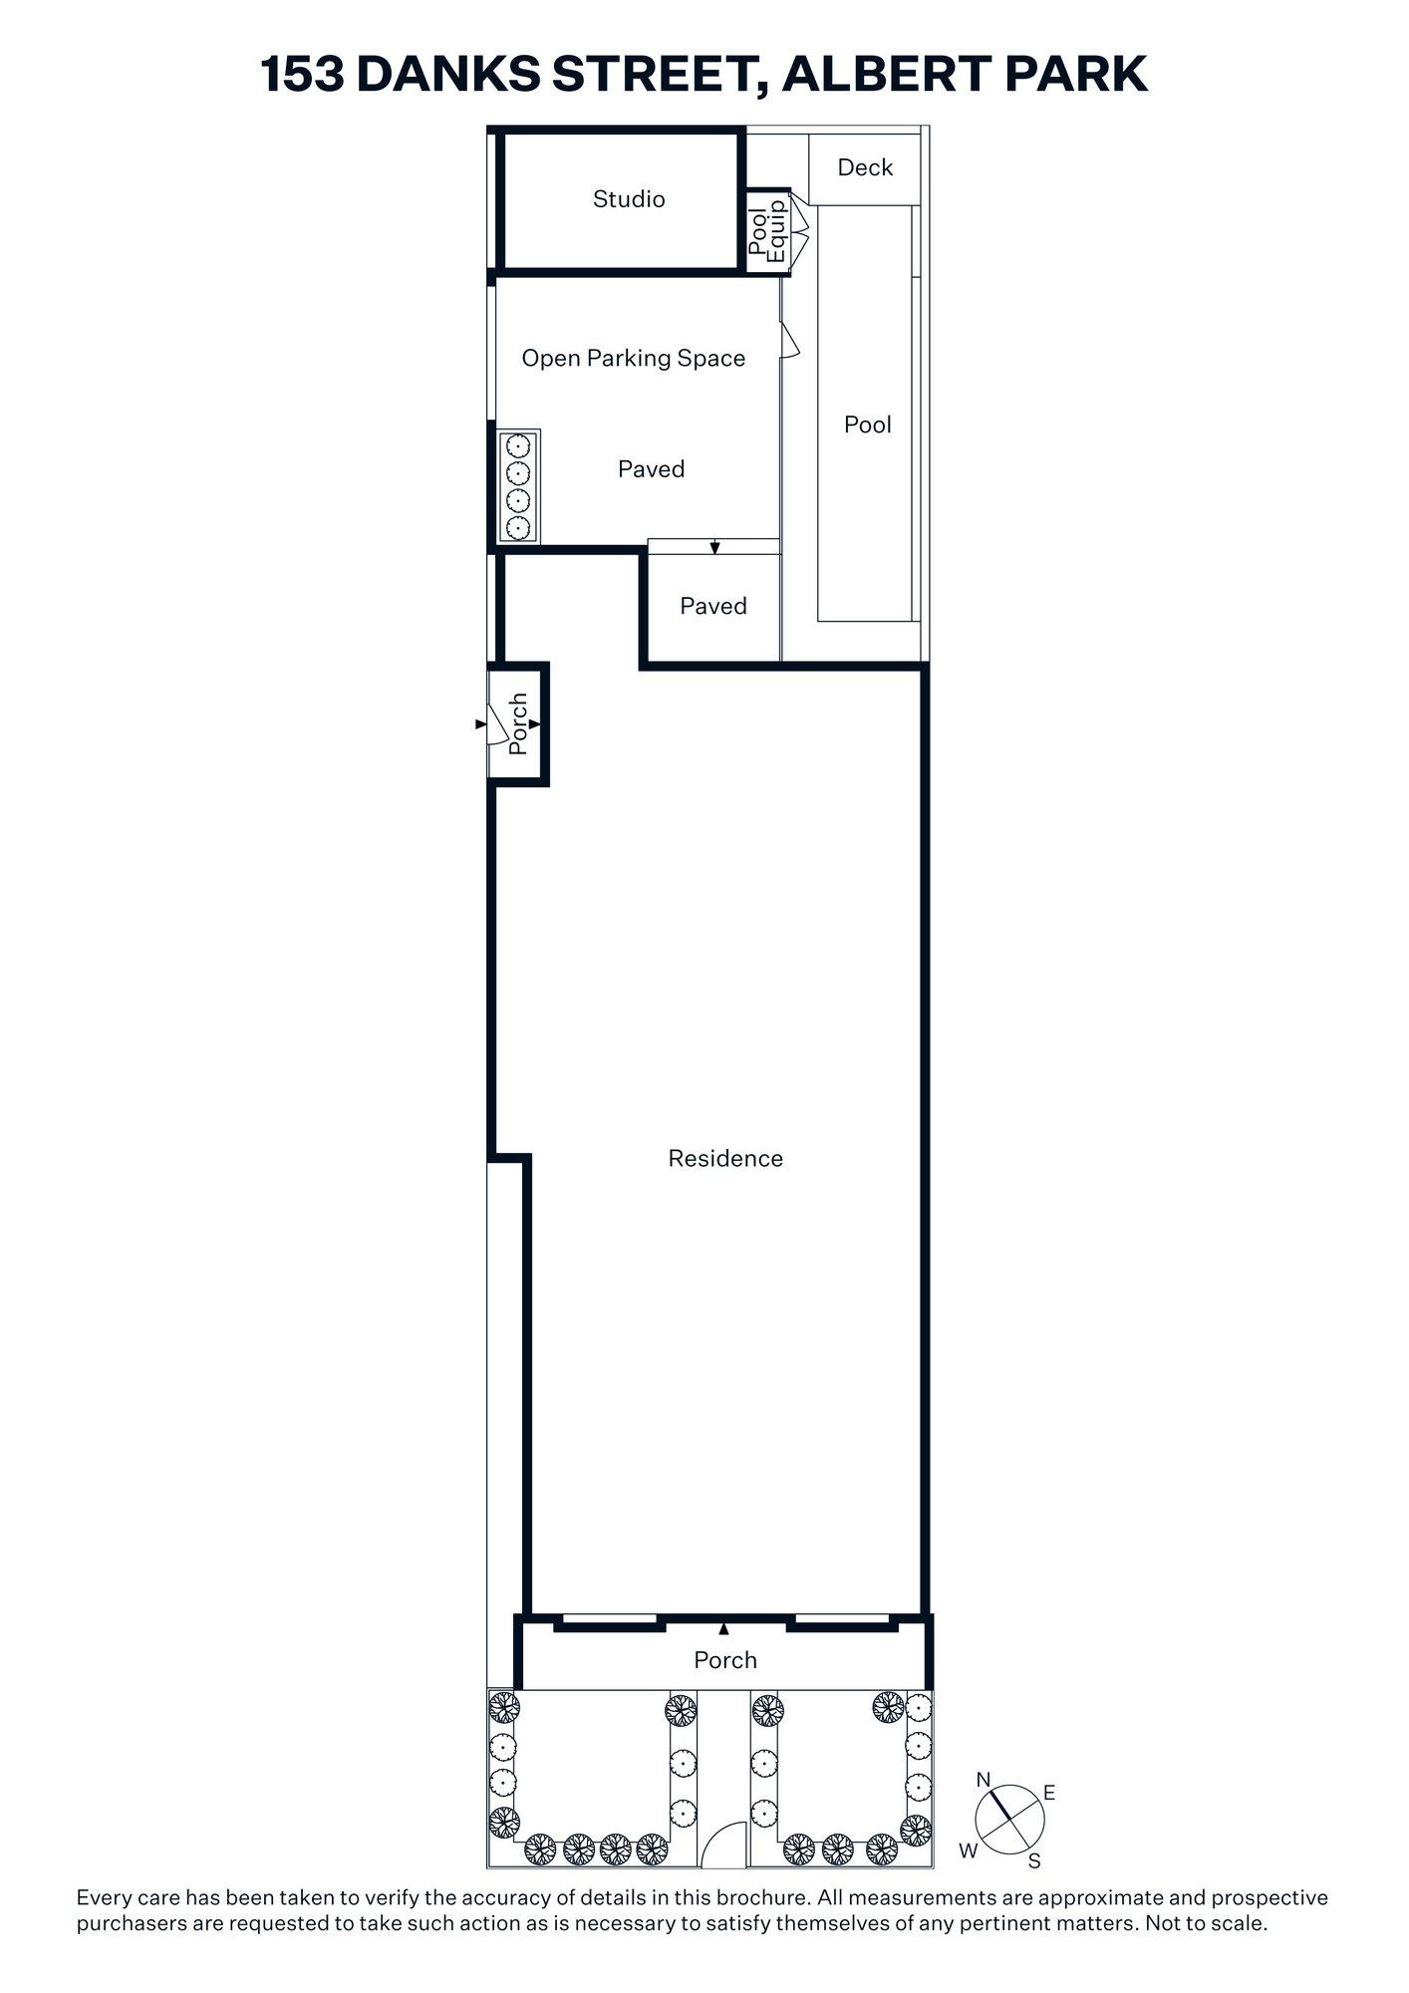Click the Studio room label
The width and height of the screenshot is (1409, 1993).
click(x=628, y=199)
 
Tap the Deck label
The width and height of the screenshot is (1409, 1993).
click(x=864, y=167)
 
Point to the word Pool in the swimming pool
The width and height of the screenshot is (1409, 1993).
click(x=867, y=425)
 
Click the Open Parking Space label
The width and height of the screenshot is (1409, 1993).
click(x=633, y=359)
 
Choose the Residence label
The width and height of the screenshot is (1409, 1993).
click(x=724, y=1158)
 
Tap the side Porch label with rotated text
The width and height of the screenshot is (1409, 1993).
click(x=517, y=723)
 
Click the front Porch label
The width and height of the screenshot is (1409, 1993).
click(x=724, y=1660)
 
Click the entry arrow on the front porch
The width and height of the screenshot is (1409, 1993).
click(x=724, y=1629)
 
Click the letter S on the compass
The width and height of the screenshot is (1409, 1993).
click(x=1034, y=1861)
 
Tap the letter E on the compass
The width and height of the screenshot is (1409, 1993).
click(x=1048, y=1794)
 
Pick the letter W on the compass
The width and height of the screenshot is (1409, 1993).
click(x=968, y=1851)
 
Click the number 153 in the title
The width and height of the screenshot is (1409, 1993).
click(x=301, y=75)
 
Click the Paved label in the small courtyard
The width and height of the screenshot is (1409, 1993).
click(x=712, y=606)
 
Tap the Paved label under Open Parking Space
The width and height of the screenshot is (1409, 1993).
click(x=651, y=469)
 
